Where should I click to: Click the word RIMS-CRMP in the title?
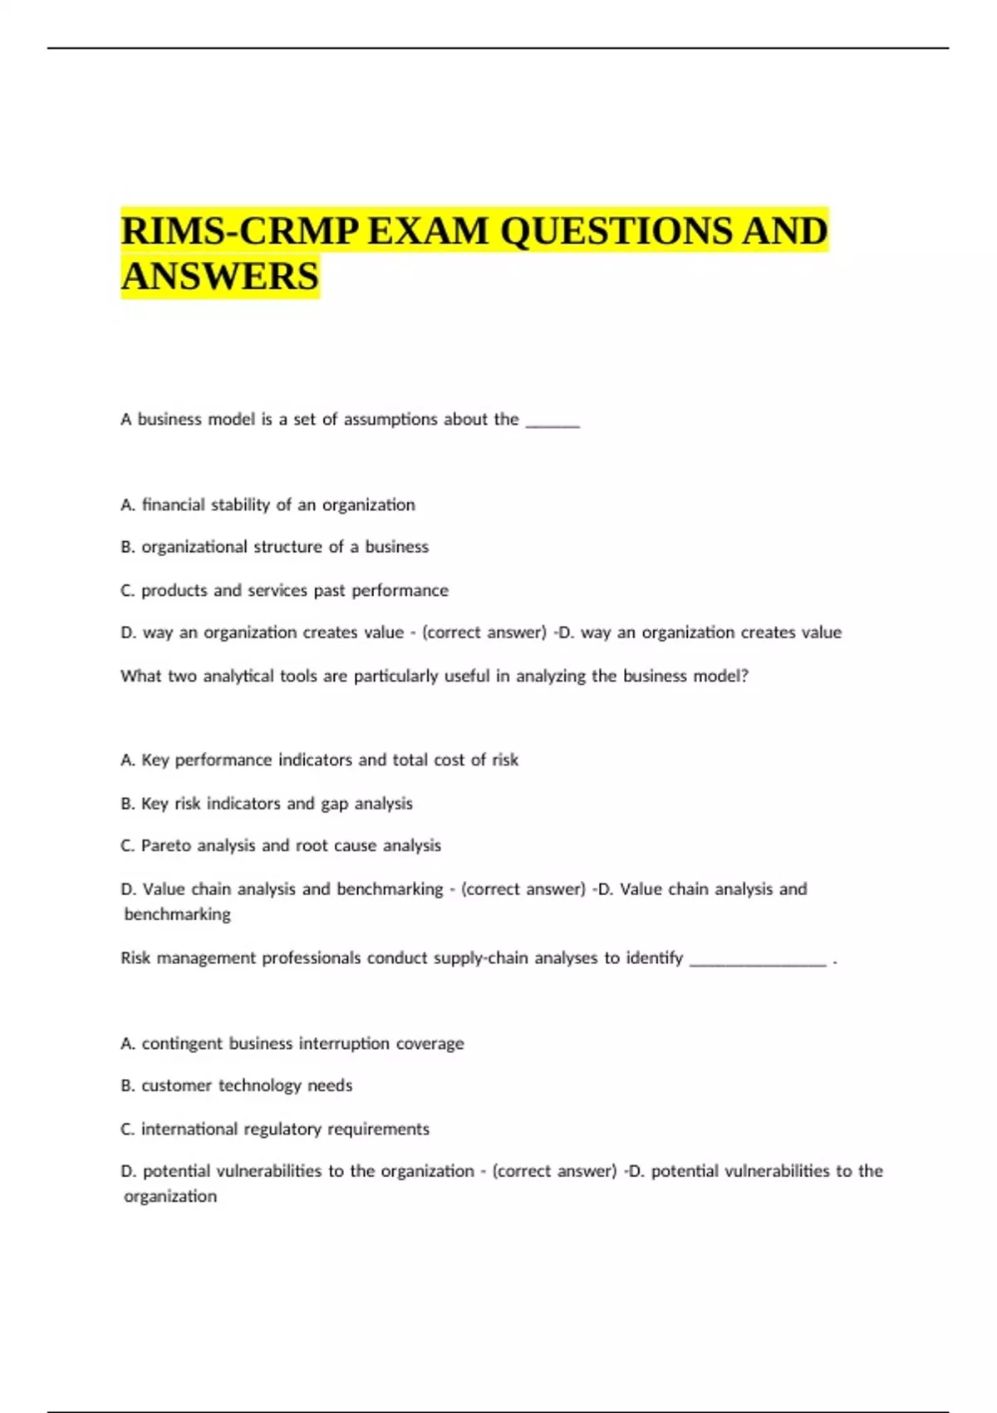pyautogui.click(x=239, y=231)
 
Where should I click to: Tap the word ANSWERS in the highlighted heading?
pyautogui.click(x=220, y=277)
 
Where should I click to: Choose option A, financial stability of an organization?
pyautogui.click(x=268, y=505)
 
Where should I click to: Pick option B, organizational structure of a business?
pyautogui.click(x=274, y=547)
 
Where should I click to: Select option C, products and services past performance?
pyautogui.click(x=284, y=590)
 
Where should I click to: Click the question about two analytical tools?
pyautogui.click(x=434, y=676)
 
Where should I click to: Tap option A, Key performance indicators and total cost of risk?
pyautogui.click(x=319, y=760)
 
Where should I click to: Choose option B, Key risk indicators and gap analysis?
pyautogui.click(x=266, y=804)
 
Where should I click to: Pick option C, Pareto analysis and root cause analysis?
pyautogui.click(x=281, y=845)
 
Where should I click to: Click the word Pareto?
pyautogui.click(x=166, y=845)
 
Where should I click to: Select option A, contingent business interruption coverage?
pyautogui.click(x=292, y=1043)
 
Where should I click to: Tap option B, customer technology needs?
pyautogui.click(x=236, y=1086)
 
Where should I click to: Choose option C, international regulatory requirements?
pyautogui.click(x=274, y=1129)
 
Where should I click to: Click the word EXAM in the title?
pyautogui.click(x=428, y=231)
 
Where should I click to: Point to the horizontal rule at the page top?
pyautogui.click(x=498, y=48)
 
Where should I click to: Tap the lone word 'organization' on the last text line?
pyautogui.click(x=170, y=1196)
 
